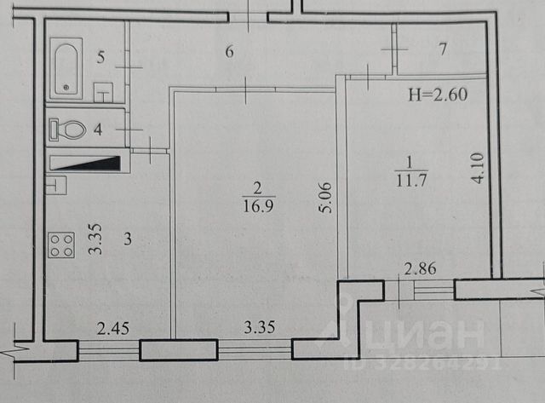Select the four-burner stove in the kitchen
tap(61, 247)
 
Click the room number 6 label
tap(229, 52)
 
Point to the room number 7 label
tap(443, 49)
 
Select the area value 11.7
tap(405, 177)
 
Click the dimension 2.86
tap(420, 270)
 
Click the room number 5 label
tap(100, 58)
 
